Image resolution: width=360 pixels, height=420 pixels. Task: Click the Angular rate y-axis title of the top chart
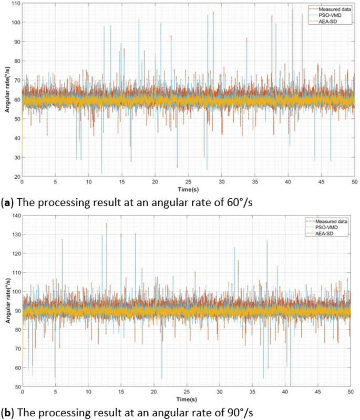(x=6, y=90)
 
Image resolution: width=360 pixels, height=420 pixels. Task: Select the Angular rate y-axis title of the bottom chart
(x=6, y=301)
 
